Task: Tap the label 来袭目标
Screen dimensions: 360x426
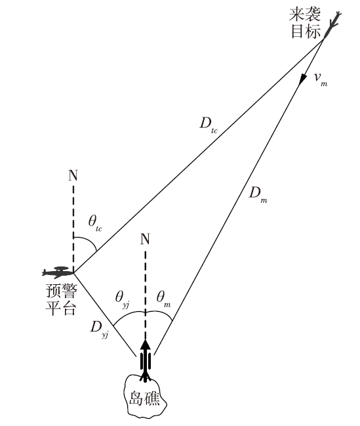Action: click(306, 23)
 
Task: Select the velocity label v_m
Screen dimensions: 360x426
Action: click(321, 79)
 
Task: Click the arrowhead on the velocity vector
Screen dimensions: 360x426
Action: click(302, 79)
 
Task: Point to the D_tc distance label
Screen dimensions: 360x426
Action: click(209, 125)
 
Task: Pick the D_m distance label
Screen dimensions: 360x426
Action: click(258, 194)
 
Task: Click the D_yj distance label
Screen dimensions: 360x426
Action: click(100, 328)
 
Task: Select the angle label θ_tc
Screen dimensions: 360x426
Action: click(95, 223)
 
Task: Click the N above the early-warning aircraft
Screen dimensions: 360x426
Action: click(73, 175)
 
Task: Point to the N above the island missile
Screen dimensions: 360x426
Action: click(146, 239)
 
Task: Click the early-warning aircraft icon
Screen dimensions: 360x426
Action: click(58, 272)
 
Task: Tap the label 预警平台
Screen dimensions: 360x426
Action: click(62, 299)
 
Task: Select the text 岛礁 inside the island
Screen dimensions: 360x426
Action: click(144, 398)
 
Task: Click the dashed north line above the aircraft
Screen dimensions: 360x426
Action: click(73, 229)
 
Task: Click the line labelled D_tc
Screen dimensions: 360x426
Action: click(199, 156)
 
